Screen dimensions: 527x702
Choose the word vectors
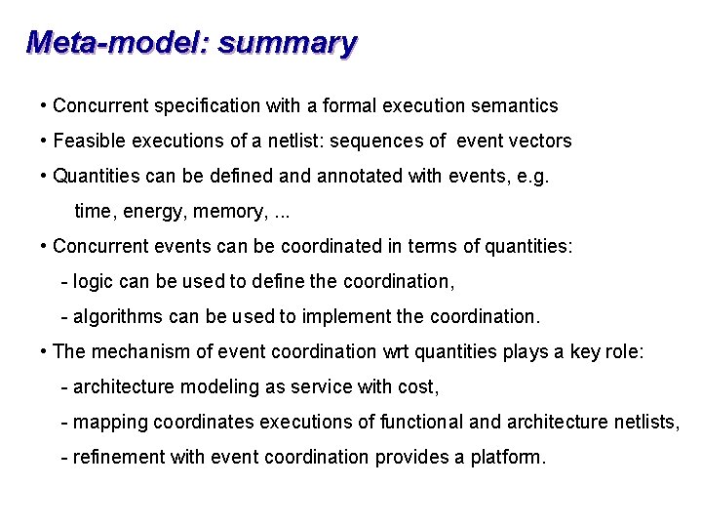coord(541,141)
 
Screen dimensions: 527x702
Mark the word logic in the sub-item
coord(93,281)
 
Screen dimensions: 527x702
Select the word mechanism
coord(136,351)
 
